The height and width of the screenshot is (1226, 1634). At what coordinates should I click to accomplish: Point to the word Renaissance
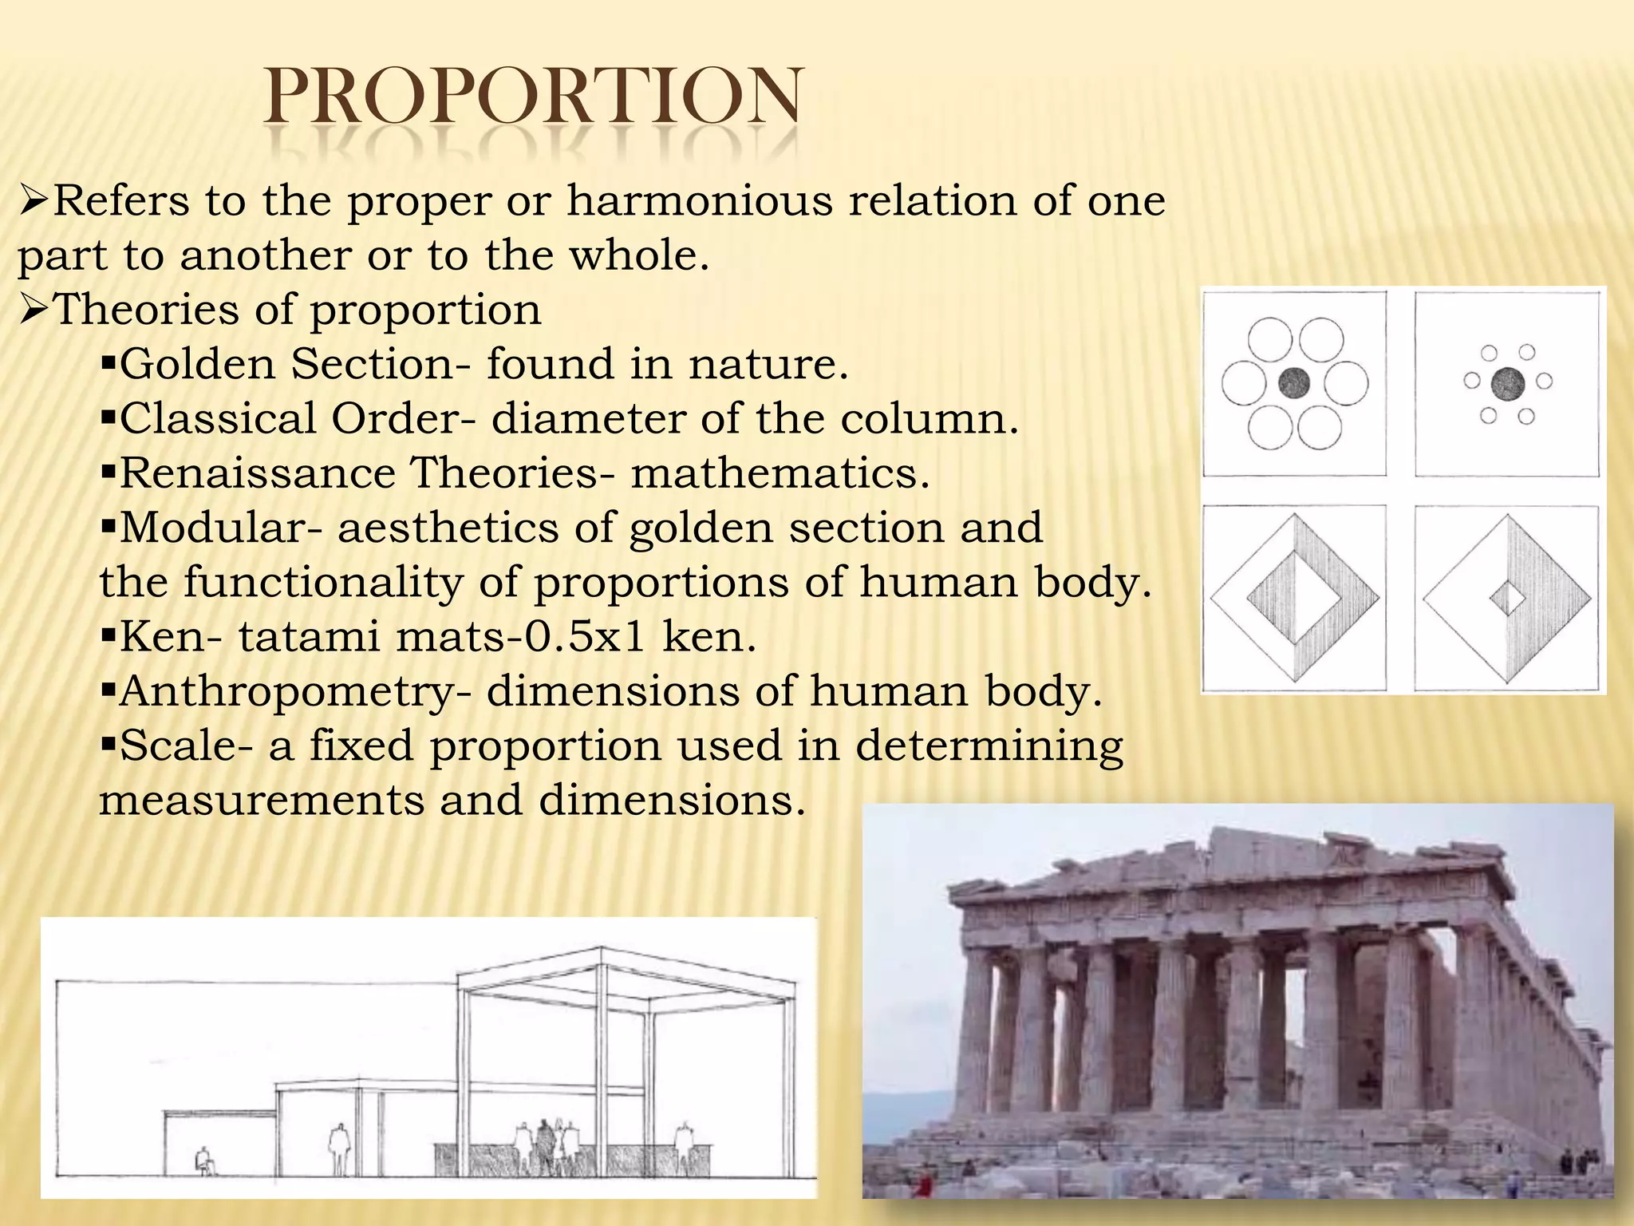(x=257, y=473)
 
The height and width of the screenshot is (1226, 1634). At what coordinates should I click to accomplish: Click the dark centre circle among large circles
(x=1293, y=384)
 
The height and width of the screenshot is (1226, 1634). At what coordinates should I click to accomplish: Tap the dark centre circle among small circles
(x=1507, y=384)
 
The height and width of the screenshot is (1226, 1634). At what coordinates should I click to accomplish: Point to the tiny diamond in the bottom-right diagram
(x=1507, y=598)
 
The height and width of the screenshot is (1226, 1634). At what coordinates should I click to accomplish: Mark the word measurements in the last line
(x=261, y=800)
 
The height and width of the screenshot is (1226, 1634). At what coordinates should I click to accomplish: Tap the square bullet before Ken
(x=109, y=637)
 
